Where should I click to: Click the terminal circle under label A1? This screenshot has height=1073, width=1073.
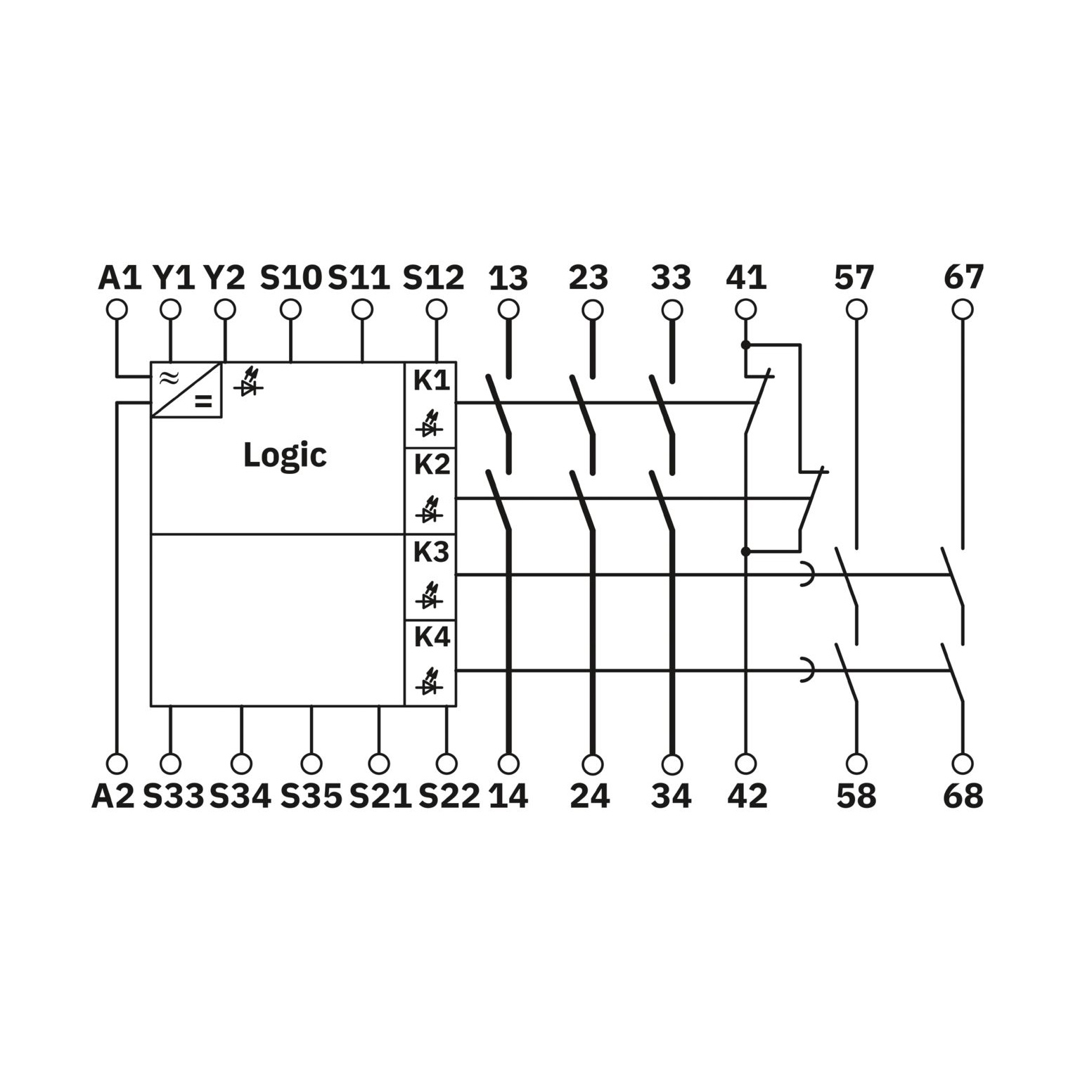coord(117,309)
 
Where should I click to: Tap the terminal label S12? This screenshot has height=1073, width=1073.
coord(433,278)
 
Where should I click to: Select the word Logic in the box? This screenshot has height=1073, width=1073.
coord(285,456)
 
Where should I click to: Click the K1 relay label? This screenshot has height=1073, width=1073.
coord(431,380)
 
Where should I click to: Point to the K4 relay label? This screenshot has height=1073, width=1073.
coord(431,637)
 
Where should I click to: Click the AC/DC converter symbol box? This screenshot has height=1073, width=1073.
coord(186,390)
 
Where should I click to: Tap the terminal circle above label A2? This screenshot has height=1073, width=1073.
coord(117,763)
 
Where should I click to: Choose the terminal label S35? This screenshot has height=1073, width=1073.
coord(311,796)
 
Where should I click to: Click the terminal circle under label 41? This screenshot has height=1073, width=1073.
coord(745,309)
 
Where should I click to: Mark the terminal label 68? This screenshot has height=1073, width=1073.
coord(963,796)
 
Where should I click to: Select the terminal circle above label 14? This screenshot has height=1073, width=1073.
coord(508,763)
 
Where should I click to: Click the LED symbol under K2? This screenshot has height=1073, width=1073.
coord(428,510)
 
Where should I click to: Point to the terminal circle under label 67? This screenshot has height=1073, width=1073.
coord(963,309)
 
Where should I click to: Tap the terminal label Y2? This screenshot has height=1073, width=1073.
coord(224,278)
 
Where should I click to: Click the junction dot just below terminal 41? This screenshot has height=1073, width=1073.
coord(745,345)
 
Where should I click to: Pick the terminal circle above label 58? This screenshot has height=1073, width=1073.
coord(856,763)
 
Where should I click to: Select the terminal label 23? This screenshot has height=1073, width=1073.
coord(589,278)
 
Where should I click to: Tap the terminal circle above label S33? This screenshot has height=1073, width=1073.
coord(170,763)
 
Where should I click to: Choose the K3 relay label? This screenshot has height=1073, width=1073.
coord(431,553)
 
